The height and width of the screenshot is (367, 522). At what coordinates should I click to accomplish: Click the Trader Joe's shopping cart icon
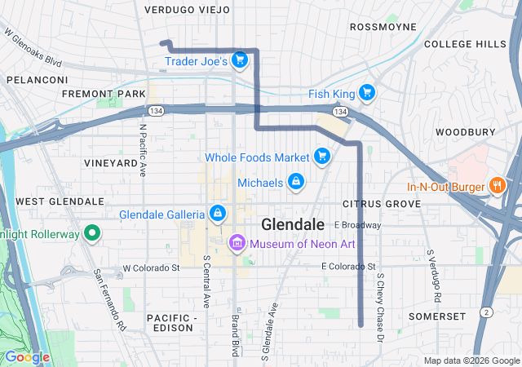[239, 60]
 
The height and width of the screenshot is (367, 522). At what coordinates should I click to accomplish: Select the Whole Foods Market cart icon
[322, 157]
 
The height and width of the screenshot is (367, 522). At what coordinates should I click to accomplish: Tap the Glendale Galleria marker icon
[217, 214]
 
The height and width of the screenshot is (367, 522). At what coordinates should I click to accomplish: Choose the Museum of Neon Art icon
[237, 242]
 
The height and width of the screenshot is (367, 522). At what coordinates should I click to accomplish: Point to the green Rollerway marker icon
[92, 235]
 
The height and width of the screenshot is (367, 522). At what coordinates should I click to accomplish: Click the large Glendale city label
[293, 224]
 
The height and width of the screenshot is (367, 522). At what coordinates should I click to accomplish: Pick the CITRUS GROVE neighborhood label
[376, 202]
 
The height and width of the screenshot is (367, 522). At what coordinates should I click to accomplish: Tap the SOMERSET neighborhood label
[439, 316]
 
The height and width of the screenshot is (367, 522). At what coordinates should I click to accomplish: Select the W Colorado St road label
[151, 268]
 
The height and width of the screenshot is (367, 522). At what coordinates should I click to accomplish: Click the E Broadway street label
[357, 224]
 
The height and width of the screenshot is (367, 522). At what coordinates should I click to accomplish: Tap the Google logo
[26, 357]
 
